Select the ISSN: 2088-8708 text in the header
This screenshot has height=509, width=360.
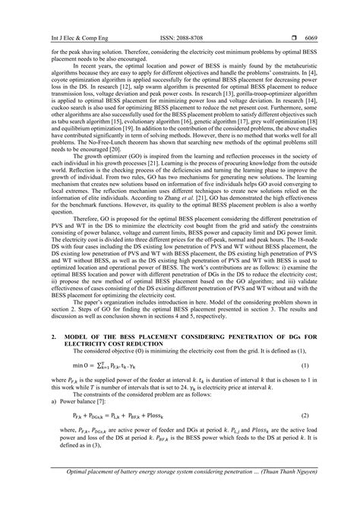[x=180, y=17]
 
